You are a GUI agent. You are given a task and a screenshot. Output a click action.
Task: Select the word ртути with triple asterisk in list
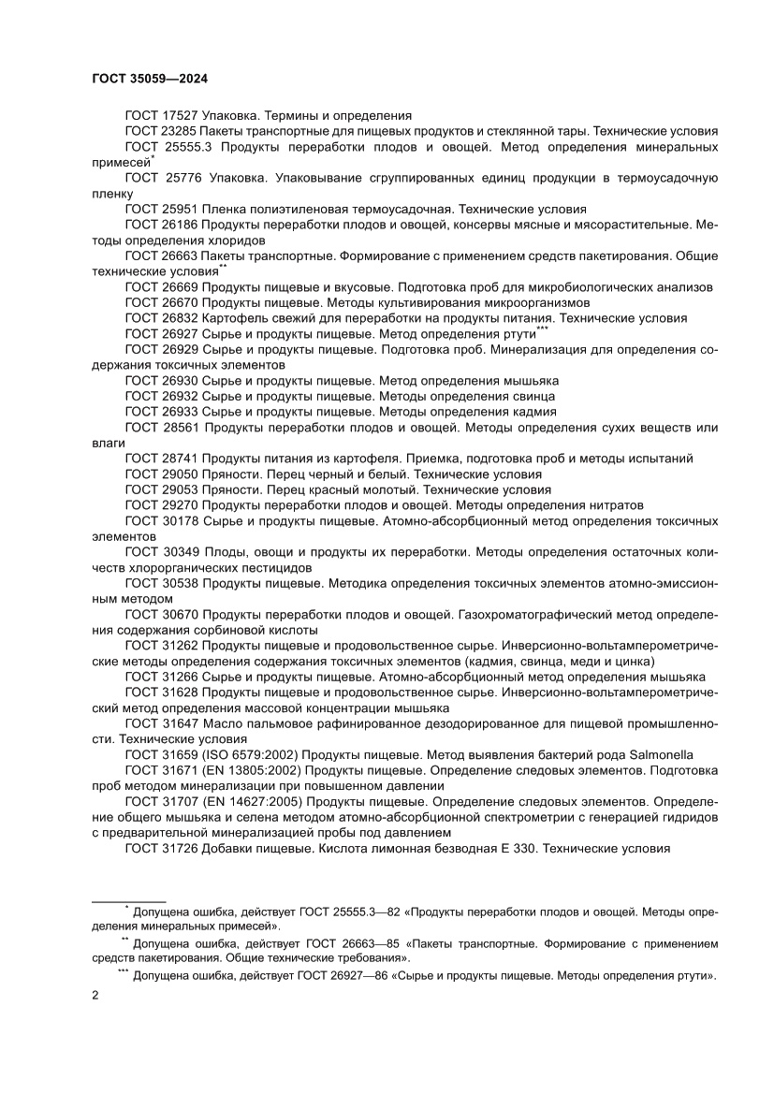point(518,334)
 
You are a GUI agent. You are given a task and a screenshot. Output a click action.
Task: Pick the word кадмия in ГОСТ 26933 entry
point(535,412)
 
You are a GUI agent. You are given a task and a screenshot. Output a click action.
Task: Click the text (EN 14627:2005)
point(250,802)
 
